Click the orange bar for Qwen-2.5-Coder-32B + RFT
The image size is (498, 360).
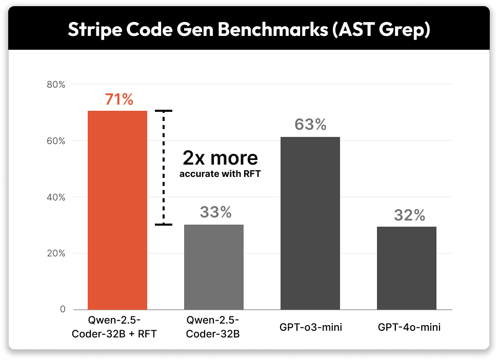pos(117,210)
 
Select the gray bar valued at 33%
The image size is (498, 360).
pos(214,267)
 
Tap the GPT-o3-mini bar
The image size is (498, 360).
pos(310,223)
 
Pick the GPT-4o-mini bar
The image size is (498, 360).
pos(407,268)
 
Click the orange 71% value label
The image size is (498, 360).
pos(119,99)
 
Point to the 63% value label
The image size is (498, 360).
pos(310,125)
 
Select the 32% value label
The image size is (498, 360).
pos(409,215)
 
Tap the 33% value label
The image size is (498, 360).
pos(215,212)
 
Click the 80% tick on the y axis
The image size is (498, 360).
pos(55,85)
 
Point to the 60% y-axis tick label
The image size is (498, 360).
pos(55,141)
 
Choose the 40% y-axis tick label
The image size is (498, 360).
pos(55,197)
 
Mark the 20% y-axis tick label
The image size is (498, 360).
pos(55,253)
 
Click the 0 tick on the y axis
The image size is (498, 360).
pos(62,310)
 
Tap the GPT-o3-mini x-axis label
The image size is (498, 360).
pos(310,327)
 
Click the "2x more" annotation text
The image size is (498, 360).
pos(220,157)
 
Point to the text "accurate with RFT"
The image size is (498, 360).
pos(220,174)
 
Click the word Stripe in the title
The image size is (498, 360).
pos(95,30)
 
